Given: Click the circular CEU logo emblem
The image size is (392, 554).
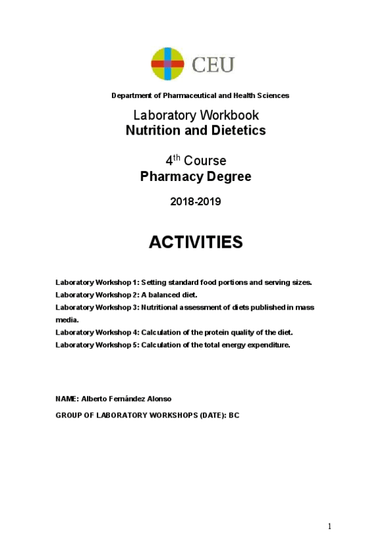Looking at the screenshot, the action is [168, 63].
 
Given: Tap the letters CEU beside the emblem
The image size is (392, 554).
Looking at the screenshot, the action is [213, 65].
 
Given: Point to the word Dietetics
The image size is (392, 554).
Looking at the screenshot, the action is [239, 130].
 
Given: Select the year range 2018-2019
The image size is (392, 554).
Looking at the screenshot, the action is [196, 202].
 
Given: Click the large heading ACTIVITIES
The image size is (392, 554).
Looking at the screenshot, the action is [196, 242].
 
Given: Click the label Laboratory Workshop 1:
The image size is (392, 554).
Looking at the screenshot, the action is [97, 282].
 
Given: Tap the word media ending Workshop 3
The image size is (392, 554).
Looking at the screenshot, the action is [67, 319].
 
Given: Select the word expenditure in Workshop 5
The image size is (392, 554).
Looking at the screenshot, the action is [266, 344].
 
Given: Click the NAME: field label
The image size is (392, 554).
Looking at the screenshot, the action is [67, 399].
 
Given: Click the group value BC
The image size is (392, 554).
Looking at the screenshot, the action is [234, 415].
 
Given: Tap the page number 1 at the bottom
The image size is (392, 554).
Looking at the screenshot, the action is [330, 526].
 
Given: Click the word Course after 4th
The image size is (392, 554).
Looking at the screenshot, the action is [205, 161].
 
